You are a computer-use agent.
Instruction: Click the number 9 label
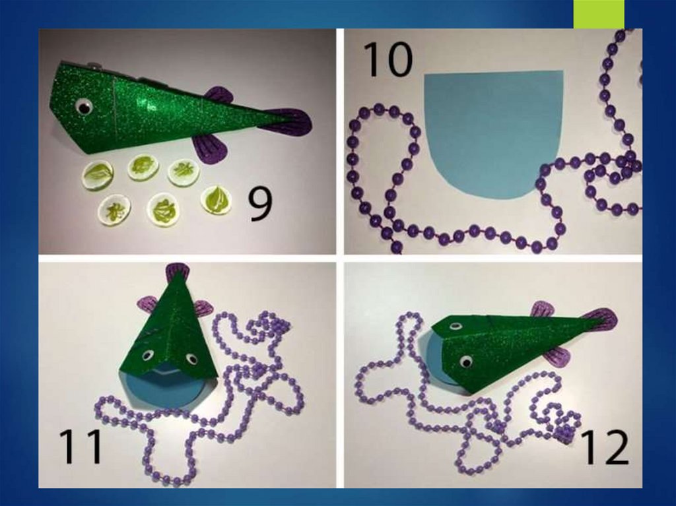tap(261, 205)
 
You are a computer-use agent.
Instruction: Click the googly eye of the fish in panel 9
tap(84, 107)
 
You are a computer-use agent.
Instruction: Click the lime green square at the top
tap(598, 15)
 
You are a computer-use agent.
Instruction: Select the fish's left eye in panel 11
tap(147, 356)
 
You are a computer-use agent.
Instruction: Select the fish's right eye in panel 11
tap(191, 359)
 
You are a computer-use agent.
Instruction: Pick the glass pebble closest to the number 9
tap(216, 199)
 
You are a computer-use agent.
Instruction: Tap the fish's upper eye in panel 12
tap(454, 327)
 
